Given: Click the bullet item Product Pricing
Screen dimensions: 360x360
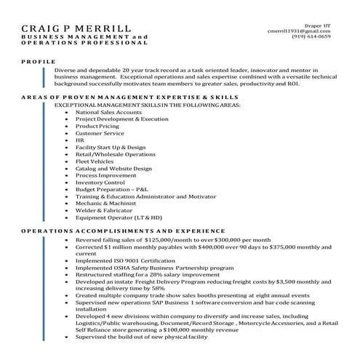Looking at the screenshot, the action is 97,127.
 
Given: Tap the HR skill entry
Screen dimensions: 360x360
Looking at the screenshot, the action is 80,140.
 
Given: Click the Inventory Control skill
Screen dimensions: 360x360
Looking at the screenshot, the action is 100,182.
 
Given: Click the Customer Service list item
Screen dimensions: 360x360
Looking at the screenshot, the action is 100,133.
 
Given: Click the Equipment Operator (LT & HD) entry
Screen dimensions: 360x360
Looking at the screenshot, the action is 119,217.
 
